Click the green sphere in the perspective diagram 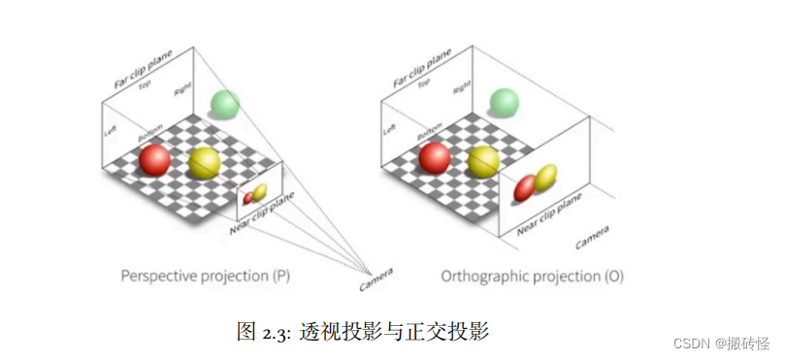coord(225,104)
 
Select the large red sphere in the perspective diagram coord(154,160)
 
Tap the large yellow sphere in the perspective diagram coord(205,163)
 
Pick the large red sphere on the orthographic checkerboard coord(433,157)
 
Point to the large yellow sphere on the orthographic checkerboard coord(483,161)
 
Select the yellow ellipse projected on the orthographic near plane coord(546,177)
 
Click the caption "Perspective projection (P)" coord(205,277)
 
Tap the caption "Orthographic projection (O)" coord(532,277)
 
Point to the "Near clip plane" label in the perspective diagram coord(263,213)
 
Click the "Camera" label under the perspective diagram coord(377,282)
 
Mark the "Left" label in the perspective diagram coord(110,135)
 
